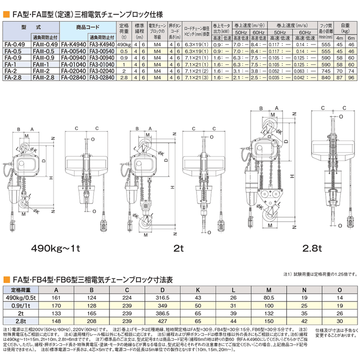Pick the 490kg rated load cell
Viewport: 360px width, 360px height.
point(123,43)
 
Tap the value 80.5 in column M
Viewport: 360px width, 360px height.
point(269,296)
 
